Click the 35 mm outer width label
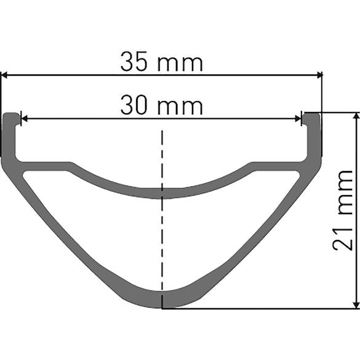pyautogui.click(x=161, y=62)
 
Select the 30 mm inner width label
pyautogui.click(x=161, y=106)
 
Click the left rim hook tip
pyautogui.click(x=11, y=117)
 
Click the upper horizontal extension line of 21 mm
pyautogui.click(x=338, y=113)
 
